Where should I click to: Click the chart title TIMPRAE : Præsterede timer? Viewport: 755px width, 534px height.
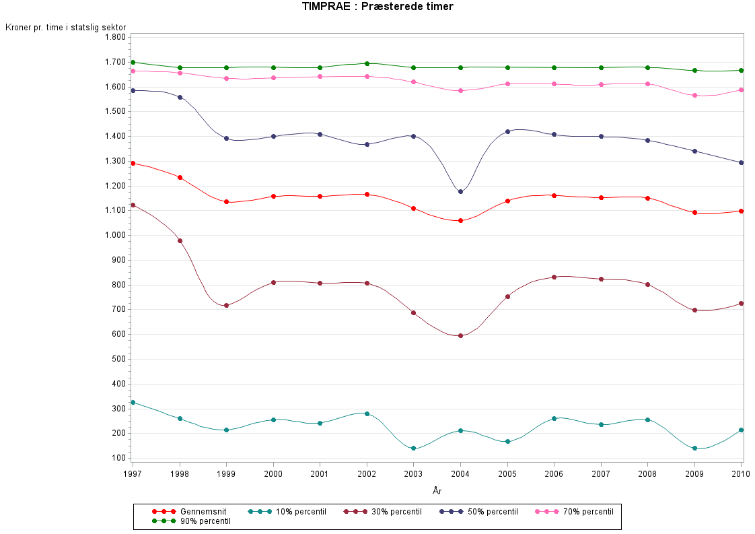[377, 7]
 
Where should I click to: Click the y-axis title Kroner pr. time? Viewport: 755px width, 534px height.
[66, 27]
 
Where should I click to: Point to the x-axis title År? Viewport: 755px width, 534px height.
[437, 491]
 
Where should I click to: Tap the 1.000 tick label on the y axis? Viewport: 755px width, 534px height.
[115, 235]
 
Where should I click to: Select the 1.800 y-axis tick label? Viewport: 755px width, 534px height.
[115, 37]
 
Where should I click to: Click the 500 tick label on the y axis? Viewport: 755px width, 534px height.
[118, 359]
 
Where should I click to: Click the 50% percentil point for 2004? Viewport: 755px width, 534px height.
[460, 192]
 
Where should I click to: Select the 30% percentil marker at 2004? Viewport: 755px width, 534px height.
[460, 335]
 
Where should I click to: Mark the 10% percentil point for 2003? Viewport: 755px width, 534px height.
[413, 448]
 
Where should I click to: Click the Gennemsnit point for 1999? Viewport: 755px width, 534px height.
[227, 202]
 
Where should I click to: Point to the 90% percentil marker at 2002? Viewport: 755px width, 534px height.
[367, 63]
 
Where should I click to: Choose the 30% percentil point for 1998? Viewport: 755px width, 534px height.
[180, 240]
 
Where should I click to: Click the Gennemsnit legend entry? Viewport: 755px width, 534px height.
[186, 512]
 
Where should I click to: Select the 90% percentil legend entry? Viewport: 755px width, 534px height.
[186, 521]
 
